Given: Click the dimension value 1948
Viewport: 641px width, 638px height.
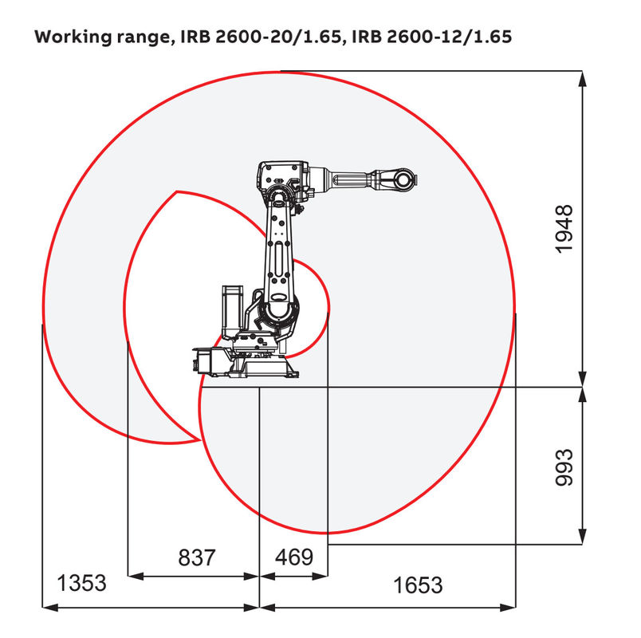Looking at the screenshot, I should (564, 229).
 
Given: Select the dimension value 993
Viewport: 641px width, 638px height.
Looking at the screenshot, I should (564, 467).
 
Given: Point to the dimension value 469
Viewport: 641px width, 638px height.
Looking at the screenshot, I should (293, 557).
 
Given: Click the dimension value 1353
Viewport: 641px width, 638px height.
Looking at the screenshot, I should (81, 583).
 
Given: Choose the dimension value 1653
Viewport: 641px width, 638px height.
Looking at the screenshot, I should (418, 585).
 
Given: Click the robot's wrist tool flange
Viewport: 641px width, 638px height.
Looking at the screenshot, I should (405, 179).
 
